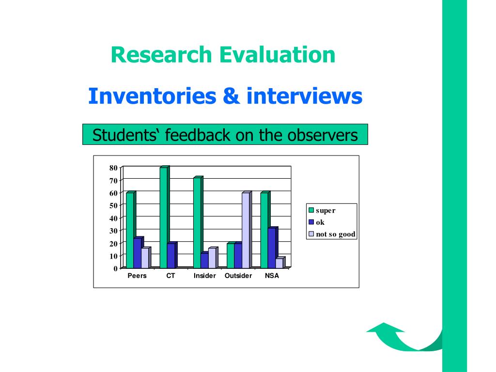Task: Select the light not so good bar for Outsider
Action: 247,230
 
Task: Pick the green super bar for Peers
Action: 131,230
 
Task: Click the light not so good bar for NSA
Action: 280,263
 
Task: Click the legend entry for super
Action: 322,210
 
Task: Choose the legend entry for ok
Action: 316,222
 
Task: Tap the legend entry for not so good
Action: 332,234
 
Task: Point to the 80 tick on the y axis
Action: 113,168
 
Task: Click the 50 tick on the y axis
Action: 113,205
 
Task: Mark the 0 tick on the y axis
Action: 115,268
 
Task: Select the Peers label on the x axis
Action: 137,276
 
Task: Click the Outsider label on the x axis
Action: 238,276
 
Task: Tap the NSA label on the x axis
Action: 272,276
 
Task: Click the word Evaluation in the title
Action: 277,55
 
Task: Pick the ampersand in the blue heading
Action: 231,96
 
